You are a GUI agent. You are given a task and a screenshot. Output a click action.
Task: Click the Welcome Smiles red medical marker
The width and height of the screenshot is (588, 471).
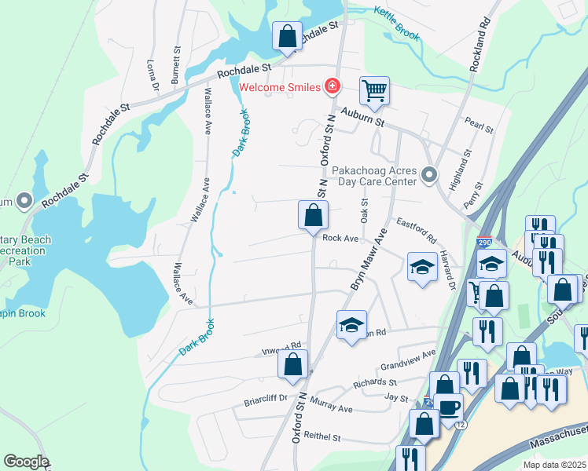pos(333,86)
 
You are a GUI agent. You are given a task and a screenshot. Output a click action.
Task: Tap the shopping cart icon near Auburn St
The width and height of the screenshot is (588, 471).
pos(375,90)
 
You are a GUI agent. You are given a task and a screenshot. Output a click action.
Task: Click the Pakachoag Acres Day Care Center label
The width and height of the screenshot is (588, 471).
pos(373,175)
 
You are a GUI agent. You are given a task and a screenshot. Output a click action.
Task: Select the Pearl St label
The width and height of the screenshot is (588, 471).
pos(479,125)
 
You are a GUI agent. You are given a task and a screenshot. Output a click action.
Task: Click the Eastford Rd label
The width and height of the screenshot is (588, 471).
pos(416,230)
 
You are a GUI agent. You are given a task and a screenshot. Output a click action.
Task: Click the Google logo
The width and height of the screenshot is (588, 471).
pos(25,461)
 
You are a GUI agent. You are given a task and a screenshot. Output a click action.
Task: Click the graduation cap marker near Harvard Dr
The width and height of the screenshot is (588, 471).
pos(422,267)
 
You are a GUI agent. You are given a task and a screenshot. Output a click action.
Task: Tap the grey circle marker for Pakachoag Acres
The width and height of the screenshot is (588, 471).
pos(428,174)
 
